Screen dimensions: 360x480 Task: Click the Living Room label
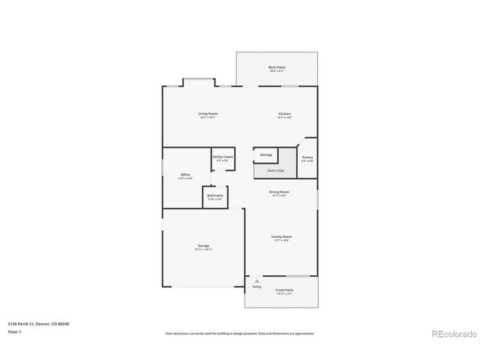208,113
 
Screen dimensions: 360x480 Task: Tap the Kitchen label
284,113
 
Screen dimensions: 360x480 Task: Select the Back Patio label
277,67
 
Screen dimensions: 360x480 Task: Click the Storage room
266,154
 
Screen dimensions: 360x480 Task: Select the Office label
185,175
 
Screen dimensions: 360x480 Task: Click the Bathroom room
215,196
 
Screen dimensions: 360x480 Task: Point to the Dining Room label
279,192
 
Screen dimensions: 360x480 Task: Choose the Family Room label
281,236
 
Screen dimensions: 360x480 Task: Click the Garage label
203,245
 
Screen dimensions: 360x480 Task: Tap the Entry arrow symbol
256,281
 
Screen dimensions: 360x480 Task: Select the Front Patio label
284,289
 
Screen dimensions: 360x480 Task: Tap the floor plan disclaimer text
240,333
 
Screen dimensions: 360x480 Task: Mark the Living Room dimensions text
208,118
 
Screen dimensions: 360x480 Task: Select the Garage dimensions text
203,250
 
